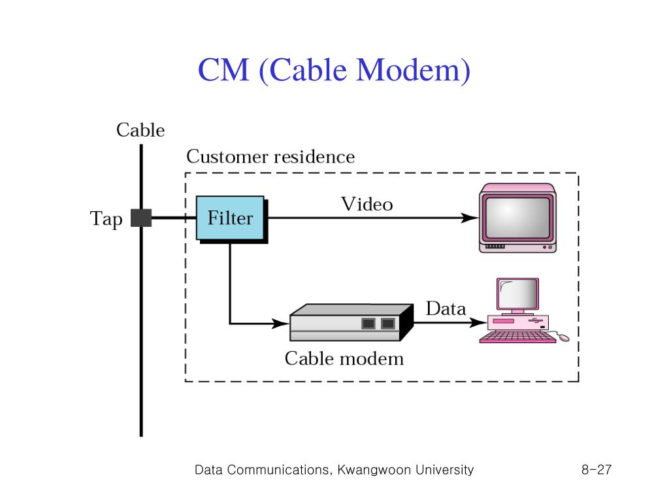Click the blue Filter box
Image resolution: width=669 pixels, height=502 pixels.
(x=230, y=218)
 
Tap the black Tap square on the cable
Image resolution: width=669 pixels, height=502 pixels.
(x=141, y=218)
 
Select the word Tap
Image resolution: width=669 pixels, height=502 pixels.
(x=106, y=219)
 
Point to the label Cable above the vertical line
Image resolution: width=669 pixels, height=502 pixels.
(x=140, y=130)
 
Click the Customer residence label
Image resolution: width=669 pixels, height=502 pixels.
(x=270, y=157)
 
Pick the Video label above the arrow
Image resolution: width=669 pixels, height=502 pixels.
(x=367, y=204)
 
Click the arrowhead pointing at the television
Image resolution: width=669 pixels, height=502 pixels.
(x=470, y=218)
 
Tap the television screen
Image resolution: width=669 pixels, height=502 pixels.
(x=517, y=218)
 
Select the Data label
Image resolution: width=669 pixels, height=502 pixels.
(x=446, y=309)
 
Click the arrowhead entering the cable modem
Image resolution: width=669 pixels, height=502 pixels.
(x=281, y=323)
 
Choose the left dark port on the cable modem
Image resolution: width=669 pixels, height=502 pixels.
(x=368, y=323)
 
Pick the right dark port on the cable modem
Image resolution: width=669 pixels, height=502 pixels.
(x=388, y=323)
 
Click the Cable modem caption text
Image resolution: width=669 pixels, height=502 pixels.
(x=344, y=359)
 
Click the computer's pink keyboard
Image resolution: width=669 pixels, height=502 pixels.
(x=518, y=337)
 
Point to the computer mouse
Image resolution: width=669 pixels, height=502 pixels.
(x=563, y=338)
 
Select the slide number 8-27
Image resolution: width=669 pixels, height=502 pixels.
(x=596, y=469)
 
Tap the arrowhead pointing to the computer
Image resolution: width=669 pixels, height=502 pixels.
(x=478, y=322)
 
